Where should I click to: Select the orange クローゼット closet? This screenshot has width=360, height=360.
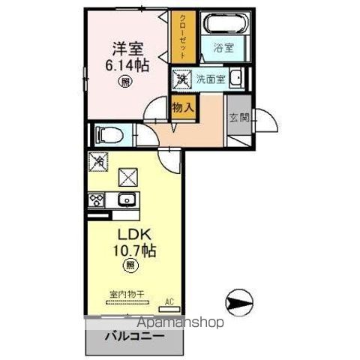pos(182,37)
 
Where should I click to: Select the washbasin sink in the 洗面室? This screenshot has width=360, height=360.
pos(236,77)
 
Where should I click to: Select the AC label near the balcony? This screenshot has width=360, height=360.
pos(170,302)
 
